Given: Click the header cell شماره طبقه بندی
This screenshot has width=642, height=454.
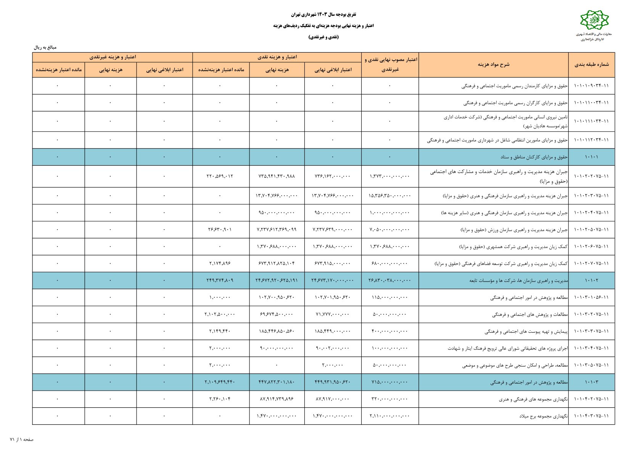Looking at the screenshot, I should pyautogui.click(x=591, y=64).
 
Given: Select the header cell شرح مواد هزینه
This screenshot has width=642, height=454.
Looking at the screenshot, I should pyautogui.click(x=493, y=64).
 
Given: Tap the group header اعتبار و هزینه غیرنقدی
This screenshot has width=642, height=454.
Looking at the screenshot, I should pyautogui.click(x=113, y=57).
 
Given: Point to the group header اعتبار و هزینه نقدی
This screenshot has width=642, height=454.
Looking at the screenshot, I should pyautogui.click(x=277, y=57).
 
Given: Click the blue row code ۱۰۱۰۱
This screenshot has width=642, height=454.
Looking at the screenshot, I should pyautogui.click(x=591, y=157).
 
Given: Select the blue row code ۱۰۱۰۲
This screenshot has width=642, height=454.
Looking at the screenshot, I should pyautogui.click(x=591, y=280).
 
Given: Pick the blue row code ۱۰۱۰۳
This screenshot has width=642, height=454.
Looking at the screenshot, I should pyautogui.click(x=591, y=382).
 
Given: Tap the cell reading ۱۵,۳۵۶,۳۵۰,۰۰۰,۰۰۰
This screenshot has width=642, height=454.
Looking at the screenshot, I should pyautogui.click(x=389, y=196).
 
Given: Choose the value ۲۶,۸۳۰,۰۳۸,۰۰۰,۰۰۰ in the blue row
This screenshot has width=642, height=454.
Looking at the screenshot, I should pyautogui.click(x=389, y=280).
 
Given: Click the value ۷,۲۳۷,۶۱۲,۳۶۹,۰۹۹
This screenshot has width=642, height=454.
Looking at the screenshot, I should pyautogui.click(x=277, y=229).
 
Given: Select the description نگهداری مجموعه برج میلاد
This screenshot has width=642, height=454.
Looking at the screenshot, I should pyautogui.click(x=543, y=416).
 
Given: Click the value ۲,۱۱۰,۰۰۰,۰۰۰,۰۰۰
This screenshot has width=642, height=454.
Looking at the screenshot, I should pyautogui.click(x=389, y=416).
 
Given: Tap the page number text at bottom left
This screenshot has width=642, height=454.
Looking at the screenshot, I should pyautogui.click(x=22, y=440).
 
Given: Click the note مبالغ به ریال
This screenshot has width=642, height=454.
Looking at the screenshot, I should pyautogui.click(x=45, y=48).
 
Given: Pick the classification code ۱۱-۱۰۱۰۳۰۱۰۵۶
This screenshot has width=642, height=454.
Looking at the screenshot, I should pyautogui.click(x=591, y=297).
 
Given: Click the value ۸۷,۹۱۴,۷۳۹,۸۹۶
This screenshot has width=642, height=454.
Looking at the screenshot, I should pyautogui.click(x=277, y=399).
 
